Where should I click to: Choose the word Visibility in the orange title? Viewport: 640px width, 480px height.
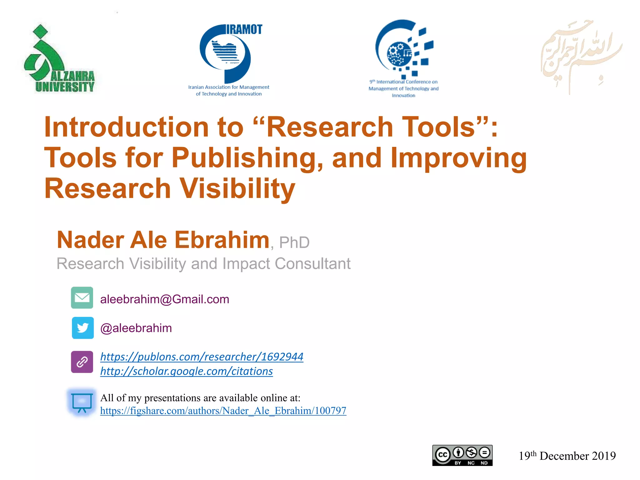pyautogui.click(x=237, y=188)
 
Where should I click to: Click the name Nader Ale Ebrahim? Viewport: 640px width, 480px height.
pyautogui.click(x=163, y=240)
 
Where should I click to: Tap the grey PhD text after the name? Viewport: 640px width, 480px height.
pyautogui.click(x=294, y=242)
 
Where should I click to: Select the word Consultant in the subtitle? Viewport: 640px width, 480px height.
pyautogui.click(x=312, y=263)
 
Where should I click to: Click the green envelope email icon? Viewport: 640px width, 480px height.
pyautogui.click(x=82, y=297)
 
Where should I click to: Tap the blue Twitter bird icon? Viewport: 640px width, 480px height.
pyautogui.click(x=82, y=328)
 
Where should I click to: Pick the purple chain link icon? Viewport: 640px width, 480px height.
pyautogui.click(x=82, y=362)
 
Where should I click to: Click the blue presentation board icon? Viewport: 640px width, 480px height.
pyautogui.click(x=82, y=402)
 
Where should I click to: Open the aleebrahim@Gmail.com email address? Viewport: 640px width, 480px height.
pyautogui.click(x=165, y=299)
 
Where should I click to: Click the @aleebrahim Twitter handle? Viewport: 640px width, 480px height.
pyautogui.click(x=136, y=328)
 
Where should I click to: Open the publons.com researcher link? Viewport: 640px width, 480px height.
pyautogui.click(x=202, y=357)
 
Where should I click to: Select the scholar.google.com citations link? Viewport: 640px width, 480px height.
pyautogui.click(x=186, y=371)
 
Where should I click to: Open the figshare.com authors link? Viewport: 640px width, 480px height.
pyautogui.click(x=223, y=411)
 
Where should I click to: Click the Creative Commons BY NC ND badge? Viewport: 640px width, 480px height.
pyautogui.click(x=462, y=455)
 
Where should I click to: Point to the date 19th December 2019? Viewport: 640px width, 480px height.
pyautogui.click(x=567, y=456)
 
